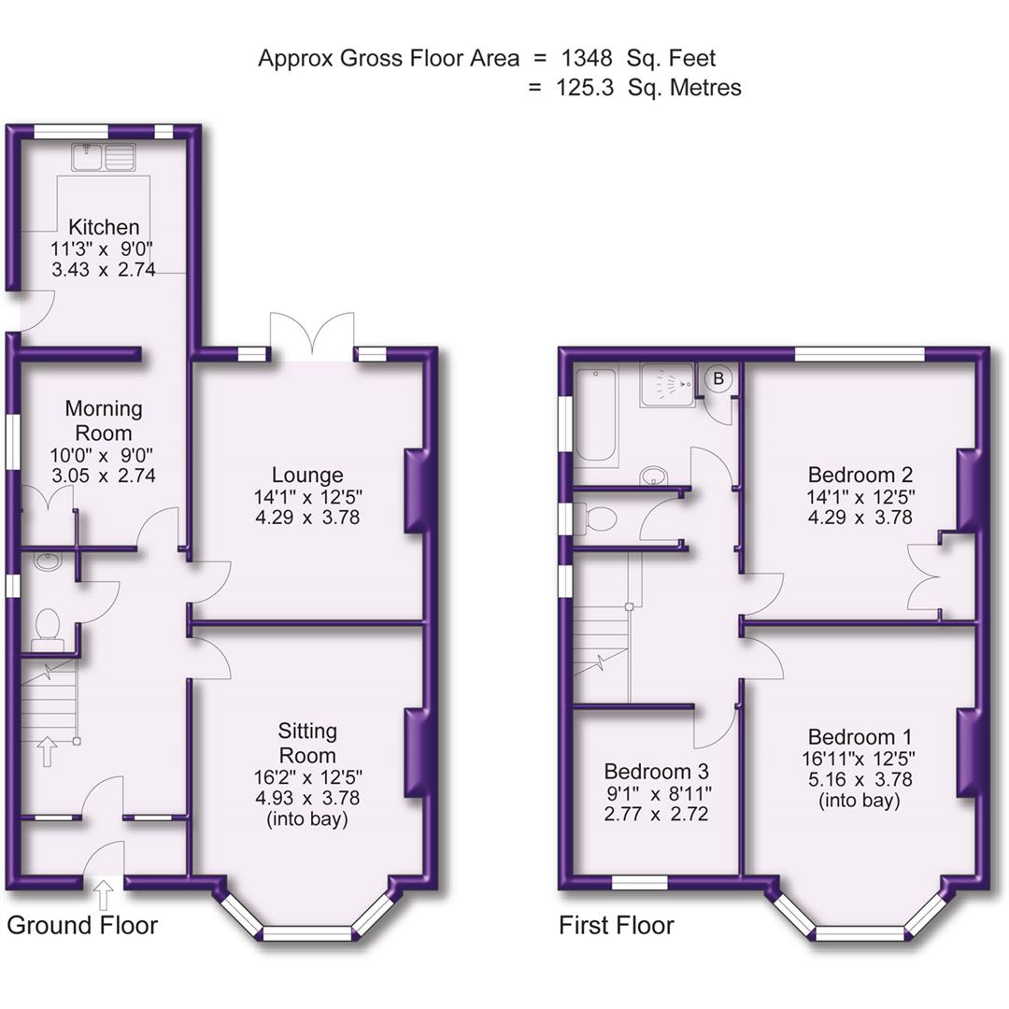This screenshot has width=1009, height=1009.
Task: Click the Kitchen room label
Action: point(104,227)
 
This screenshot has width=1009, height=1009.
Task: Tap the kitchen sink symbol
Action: point(104,156)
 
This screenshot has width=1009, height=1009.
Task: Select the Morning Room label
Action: point(104,420)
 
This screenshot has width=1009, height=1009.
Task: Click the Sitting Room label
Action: point(307,742)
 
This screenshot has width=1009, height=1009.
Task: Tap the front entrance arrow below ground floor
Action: point(103,898)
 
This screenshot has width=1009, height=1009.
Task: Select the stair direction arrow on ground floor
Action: point(46,751)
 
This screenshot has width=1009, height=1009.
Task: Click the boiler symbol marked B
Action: point(718,378)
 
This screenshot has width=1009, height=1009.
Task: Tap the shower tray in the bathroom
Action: point(668,385)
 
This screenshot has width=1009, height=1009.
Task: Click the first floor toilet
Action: point(598,519)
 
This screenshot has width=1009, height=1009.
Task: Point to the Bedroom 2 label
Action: point(860,474)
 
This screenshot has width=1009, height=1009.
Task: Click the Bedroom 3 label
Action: point(656,772)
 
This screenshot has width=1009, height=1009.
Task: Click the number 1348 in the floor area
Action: point(587,58)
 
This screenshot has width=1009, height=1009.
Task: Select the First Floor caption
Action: point(617,926)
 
